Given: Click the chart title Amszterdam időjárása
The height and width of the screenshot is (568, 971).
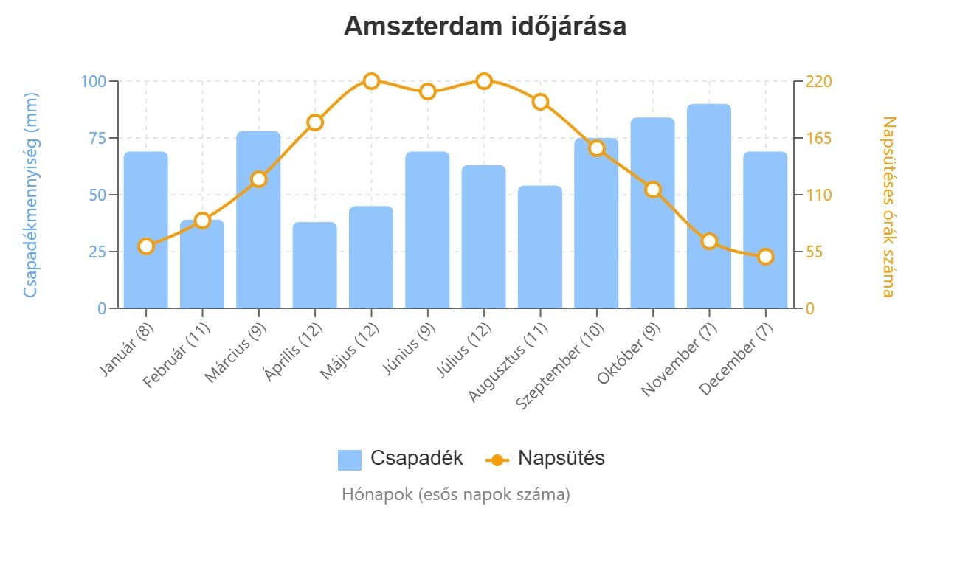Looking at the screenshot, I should coord(485,27).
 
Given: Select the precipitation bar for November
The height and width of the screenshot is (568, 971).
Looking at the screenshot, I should coord(709,207).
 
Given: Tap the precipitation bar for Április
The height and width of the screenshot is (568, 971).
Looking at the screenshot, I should coord(315,266).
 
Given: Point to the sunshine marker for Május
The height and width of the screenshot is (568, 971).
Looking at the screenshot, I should coord(371,81).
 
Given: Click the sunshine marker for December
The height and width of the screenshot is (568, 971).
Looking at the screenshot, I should coord(765,257).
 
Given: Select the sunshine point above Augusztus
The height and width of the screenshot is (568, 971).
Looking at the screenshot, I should coord(540,102).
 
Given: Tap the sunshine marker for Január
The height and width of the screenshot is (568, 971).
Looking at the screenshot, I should coord(146,246).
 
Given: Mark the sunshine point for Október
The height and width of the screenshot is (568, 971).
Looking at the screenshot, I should coord(653,190).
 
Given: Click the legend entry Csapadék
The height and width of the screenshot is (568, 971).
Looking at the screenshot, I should coord(401,458).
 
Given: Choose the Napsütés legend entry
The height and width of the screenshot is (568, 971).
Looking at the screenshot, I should coord(546,458).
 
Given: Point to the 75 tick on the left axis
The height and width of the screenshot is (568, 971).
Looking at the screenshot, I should coord(96,138).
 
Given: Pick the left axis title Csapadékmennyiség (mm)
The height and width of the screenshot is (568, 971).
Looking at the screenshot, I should coord(30,195).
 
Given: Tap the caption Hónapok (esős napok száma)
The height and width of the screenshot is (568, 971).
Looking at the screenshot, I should coord(456,494).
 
